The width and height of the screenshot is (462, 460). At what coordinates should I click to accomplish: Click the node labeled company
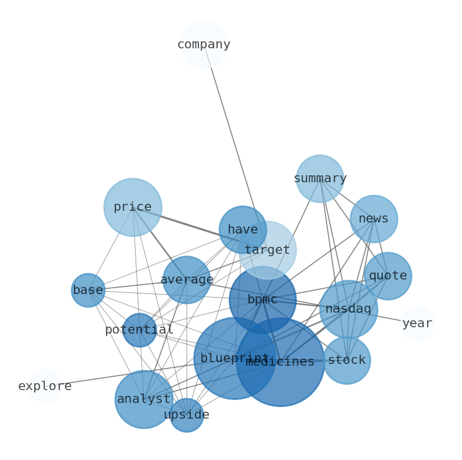tap(204, 45)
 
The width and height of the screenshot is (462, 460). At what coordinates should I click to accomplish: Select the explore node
tap(45, 387)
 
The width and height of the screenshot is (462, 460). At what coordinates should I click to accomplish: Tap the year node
tap(417, 324)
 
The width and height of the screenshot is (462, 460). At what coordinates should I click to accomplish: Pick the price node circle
tap(133, 207)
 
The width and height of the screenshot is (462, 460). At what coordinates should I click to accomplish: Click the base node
tap(88, 291)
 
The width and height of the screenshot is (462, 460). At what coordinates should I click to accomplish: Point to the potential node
tap(140, 330)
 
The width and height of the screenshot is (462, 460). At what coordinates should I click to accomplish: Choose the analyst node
tap(144, 399)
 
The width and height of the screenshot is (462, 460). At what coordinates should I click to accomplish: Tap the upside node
tap(186, 415)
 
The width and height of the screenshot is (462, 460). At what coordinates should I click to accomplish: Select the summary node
tap(320, 179)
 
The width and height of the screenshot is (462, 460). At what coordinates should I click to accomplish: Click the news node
tap(374, 219)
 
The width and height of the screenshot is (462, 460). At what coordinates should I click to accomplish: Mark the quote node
tap(388, 276)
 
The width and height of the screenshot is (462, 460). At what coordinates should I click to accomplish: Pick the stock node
tap(347, 360)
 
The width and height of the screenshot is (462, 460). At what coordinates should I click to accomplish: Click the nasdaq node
tap(349, 309)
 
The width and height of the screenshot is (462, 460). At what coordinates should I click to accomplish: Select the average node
tap(187, 280)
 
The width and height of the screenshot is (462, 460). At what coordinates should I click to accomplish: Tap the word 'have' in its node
tap(243, 230)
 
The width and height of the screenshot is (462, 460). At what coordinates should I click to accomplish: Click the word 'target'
tap(267, 250)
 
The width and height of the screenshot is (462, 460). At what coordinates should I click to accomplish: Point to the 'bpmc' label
tap(262, 300)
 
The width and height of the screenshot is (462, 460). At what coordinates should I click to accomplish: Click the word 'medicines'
tap(280, 362)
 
